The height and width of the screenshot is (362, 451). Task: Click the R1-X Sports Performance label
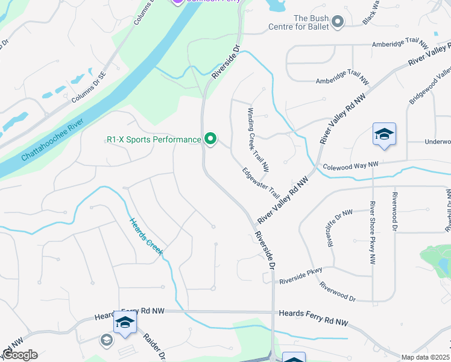coord(153,139)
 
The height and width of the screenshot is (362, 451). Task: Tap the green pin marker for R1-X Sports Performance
coord(210,139)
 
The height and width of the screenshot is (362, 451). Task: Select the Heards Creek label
coord(145,235)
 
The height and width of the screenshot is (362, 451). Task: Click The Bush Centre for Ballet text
coord(311,22)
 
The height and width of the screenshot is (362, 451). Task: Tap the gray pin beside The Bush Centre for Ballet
coord(338,22)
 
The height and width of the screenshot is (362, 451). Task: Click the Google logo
coord(20,355)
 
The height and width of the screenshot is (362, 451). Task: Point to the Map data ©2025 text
coord(425,357)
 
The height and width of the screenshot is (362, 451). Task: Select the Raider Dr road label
coord(154,346)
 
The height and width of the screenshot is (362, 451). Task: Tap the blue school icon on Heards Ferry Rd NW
coord(125,323)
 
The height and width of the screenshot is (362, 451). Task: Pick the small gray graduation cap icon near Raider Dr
coord(106,340)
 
